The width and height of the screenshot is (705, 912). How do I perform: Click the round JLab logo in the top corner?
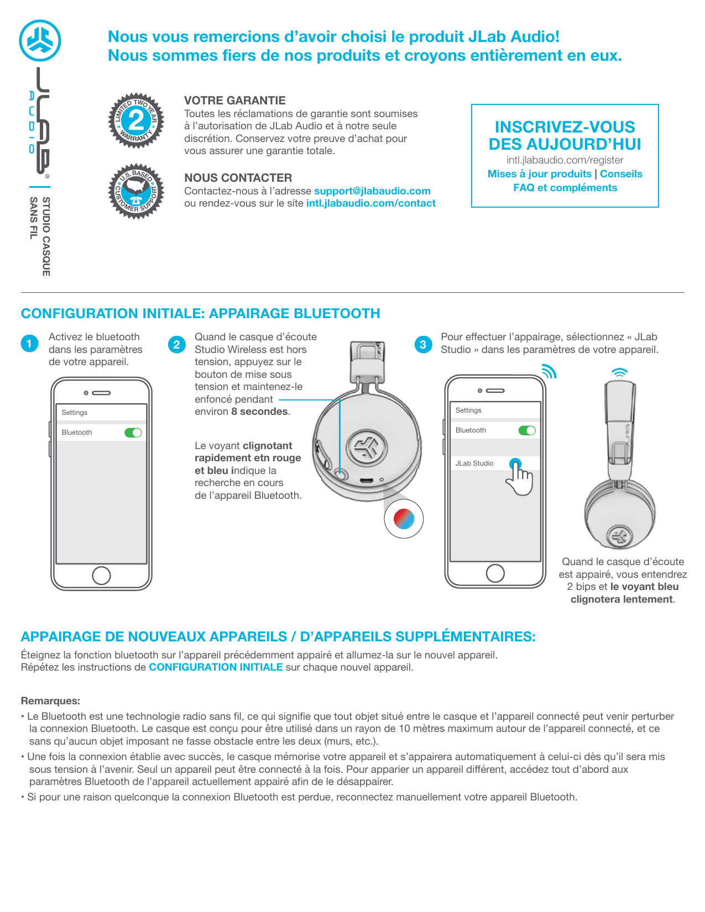(x=40, y=41)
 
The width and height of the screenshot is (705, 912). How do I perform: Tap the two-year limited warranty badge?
(x=135, y=120)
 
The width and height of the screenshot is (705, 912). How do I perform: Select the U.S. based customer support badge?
(x=135, y=191)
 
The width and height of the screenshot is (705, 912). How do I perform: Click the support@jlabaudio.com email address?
(x=372, y=191)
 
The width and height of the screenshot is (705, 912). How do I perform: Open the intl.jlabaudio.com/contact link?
(x=371, y=203)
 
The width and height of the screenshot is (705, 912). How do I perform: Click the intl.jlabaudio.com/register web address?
(x=565, y=160)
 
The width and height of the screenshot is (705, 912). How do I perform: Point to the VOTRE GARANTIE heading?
(x=235, y=101)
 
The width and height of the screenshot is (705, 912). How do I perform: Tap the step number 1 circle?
(x=29, y=344)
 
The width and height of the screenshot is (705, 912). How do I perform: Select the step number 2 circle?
(x=177, y=345)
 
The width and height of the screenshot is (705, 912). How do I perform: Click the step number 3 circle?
(x=423, y=345)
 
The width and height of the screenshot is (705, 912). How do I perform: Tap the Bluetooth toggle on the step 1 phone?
(x=133, y=433)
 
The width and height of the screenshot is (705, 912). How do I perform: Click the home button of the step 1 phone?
(x=101, y=576)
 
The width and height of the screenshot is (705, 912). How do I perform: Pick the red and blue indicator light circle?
(x=404, y=519)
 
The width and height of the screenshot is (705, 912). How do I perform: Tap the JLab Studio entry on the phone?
(x=474, y=463)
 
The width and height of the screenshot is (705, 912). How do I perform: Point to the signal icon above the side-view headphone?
(x=620, y=372)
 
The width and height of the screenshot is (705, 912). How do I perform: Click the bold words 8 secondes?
(x=260, y=412)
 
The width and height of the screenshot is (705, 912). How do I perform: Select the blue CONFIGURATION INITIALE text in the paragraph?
(x=216, y=667)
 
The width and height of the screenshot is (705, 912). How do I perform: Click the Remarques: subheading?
(x=50, y=700)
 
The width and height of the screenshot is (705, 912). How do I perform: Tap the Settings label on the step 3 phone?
(x=468, y=410)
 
